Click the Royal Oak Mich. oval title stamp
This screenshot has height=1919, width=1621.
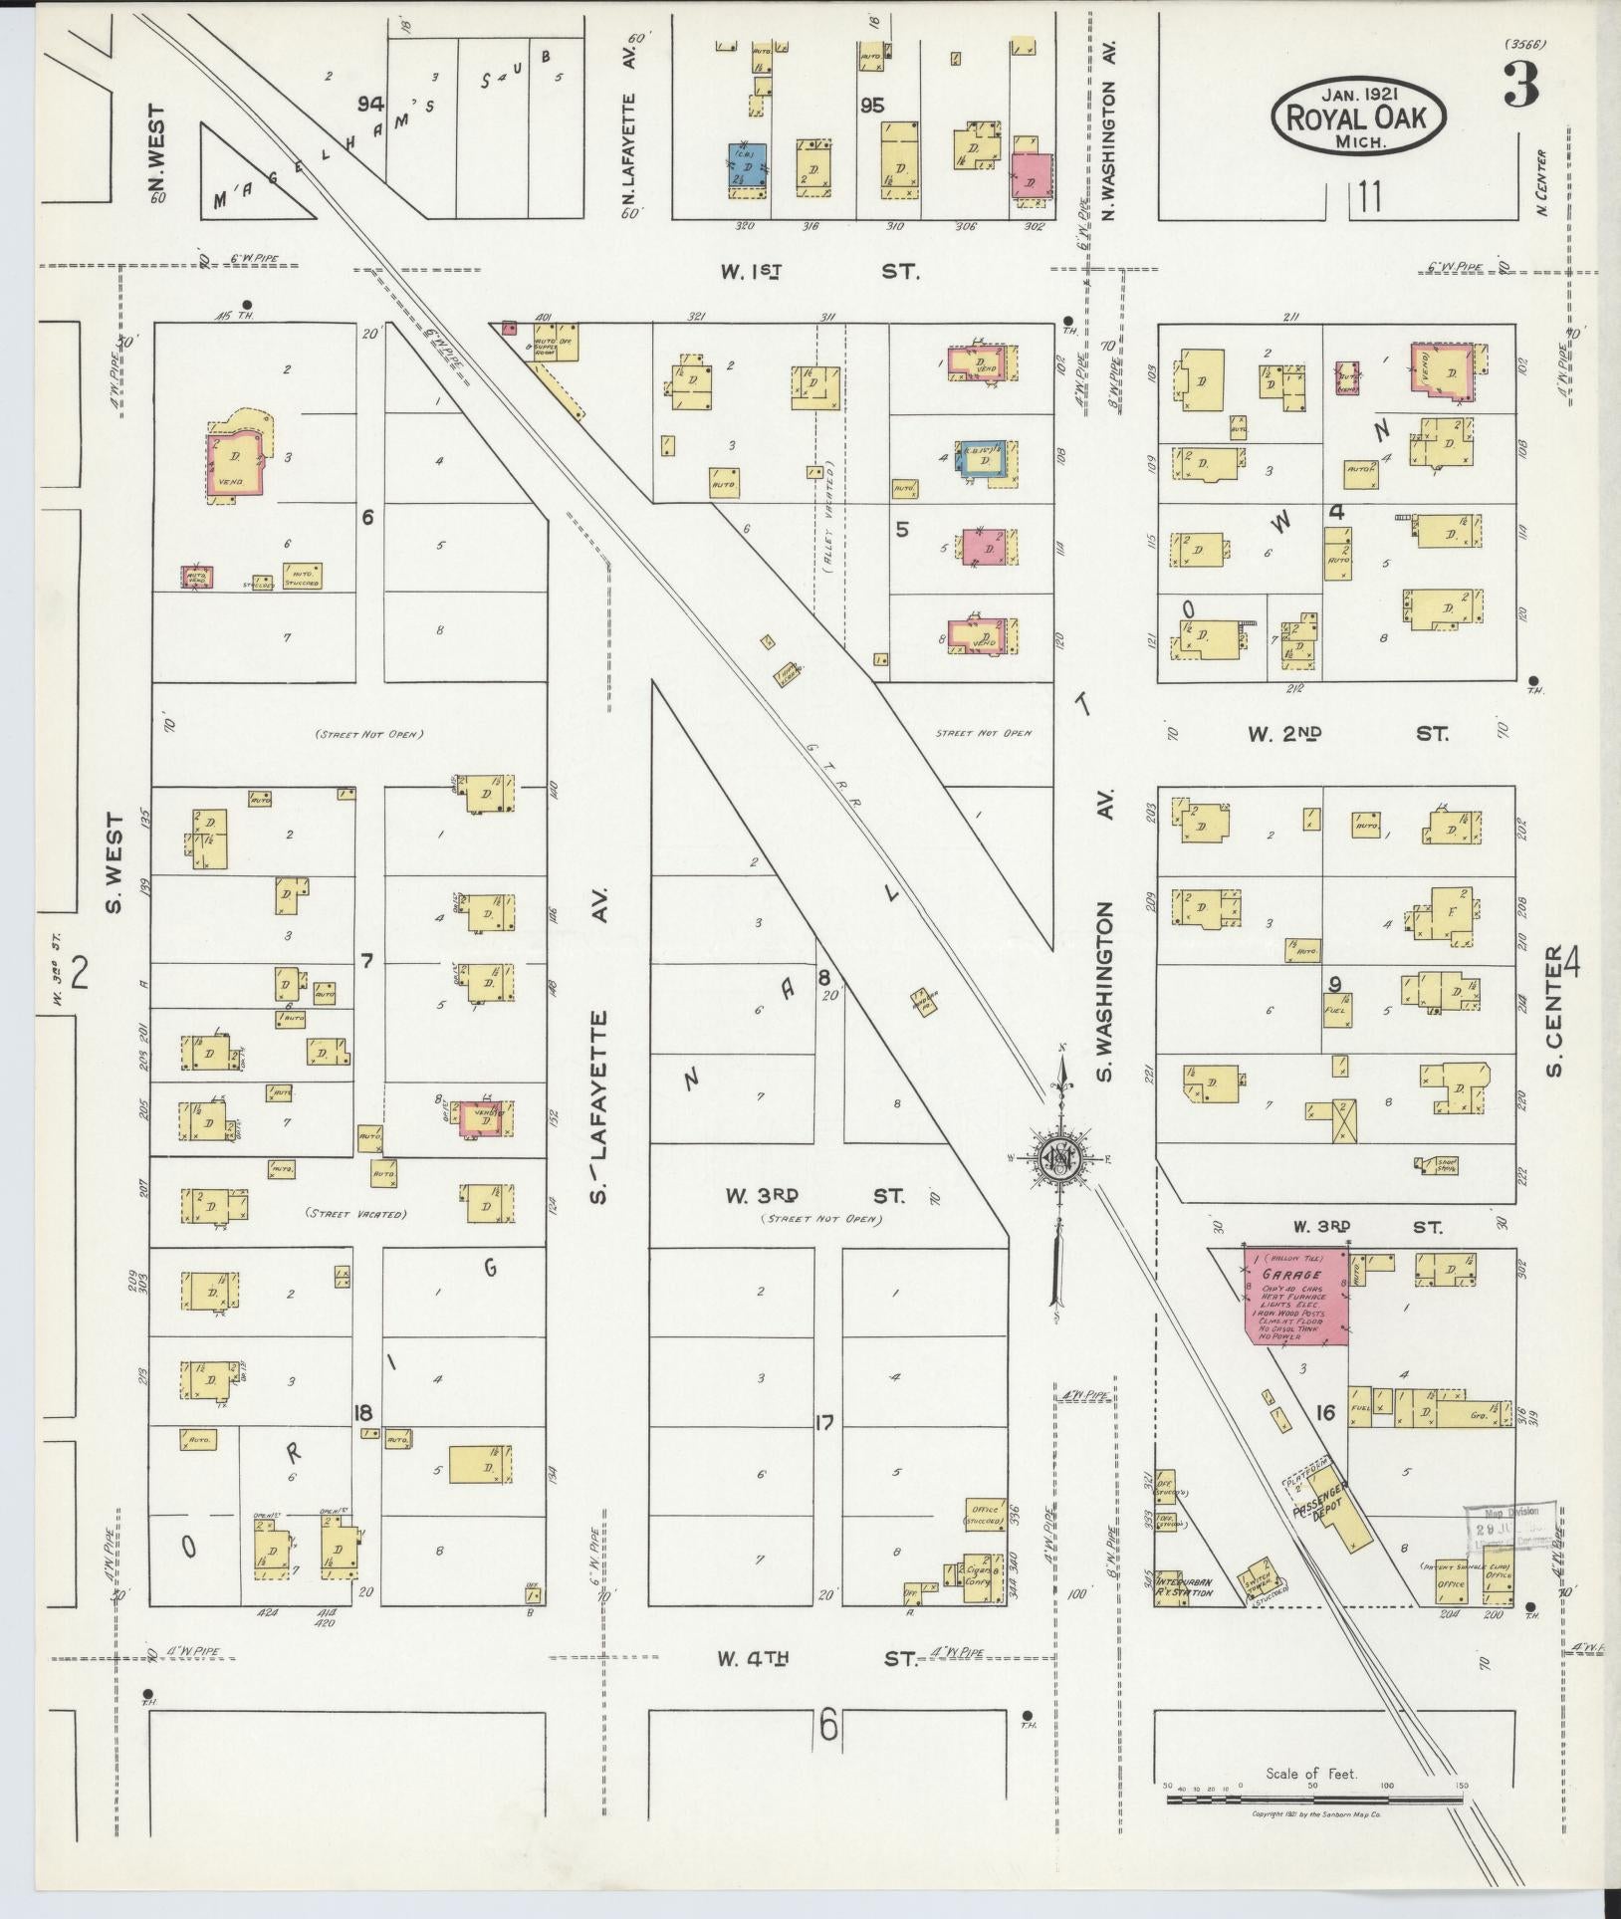(1357, 117)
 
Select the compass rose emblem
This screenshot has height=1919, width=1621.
(1060, 1156)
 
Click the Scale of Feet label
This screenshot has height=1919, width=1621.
(1311, 1801)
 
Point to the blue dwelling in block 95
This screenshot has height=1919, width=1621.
(746, 166)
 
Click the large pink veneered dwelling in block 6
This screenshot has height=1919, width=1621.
(235, 463)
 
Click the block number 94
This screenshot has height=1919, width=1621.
(372, 105)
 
